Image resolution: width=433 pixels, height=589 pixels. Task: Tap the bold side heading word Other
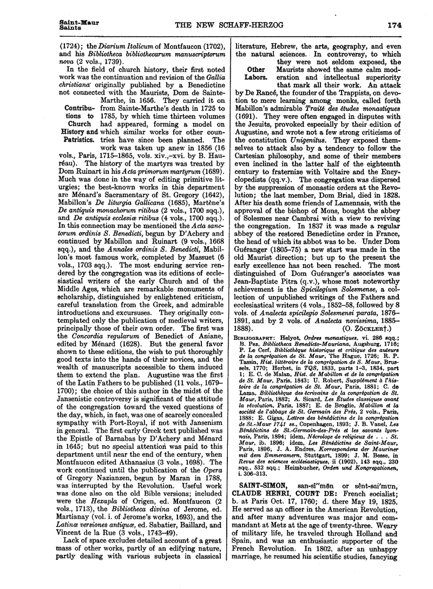[x=255, y=70]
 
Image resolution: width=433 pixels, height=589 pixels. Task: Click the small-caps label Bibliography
[x=255, y=352]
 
